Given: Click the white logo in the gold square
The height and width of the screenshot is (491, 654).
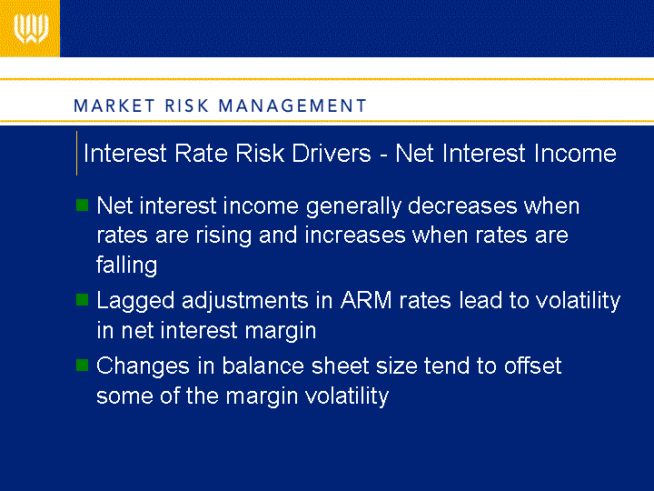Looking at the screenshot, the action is click(x=31, y=28).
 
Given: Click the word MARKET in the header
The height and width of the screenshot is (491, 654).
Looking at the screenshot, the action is click(x=114, y=105).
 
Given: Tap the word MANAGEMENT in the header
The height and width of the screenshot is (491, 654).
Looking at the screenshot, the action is click(x=292, y=105).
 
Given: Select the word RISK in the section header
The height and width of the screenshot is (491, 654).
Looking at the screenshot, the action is click(x=186, y=105).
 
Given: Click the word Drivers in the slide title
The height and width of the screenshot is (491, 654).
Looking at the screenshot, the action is click(x=332, y=153).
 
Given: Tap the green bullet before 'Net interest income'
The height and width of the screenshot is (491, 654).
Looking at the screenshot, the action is click(x=82, y=205).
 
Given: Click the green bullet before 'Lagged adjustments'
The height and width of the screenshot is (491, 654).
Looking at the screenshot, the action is click(x=82, y=300).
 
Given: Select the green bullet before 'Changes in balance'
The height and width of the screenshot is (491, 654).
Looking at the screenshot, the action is click(x=82, y=365).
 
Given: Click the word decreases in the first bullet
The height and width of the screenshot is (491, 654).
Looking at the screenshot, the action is click(x=462, y=205).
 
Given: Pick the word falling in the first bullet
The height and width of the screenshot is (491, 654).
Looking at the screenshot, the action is click(x=127, y=266).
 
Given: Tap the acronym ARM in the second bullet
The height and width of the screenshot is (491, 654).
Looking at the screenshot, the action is click(x=366, y=300).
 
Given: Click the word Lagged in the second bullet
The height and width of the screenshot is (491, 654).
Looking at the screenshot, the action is click(x=135, y=302).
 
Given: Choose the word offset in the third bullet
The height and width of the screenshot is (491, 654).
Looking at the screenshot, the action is click(x=532, y=366).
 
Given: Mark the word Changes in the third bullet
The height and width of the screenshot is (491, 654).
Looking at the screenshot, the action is click(x=144, y=366).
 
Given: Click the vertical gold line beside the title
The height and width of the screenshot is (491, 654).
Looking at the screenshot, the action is click(x=76, y=154).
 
